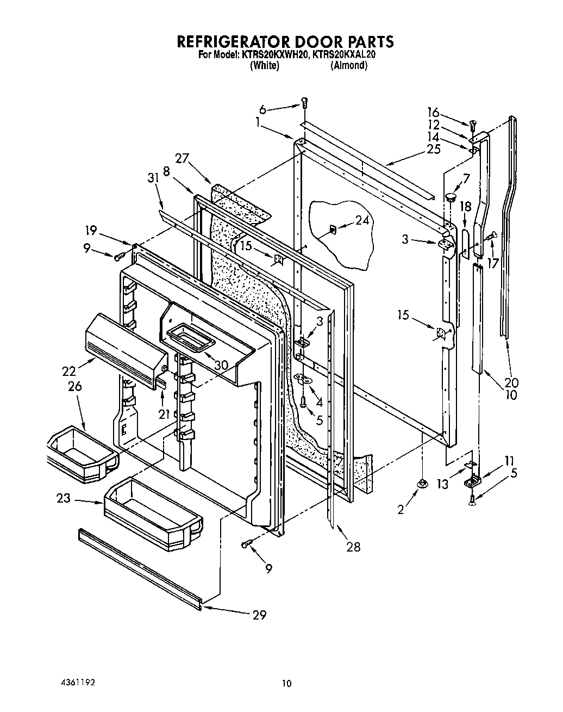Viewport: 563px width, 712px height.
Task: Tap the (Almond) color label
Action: pyautogui.click(x=349, y=66)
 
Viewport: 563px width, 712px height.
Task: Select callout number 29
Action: pyautogui.click(x=259, y=615)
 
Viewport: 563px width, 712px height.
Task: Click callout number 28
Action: pyautogui.click(x=353, y=547)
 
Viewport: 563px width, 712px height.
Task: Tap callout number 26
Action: pyautogui.click(x=75, y=387)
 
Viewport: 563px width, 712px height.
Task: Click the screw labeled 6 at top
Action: pyautogui.click(x=304, y=102)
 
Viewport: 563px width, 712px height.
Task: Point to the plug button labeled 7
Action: pyautogui.click(x=449, y=196)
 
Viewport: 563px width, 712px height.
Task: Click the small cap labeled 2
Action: pyautogui.click(x=421, y=483)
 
